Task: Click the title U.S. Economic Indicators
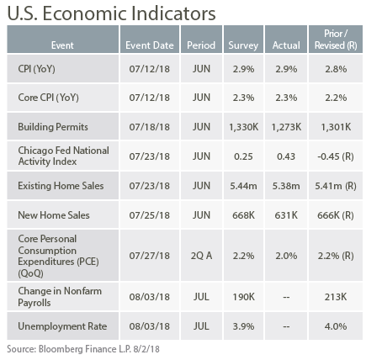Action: click(x=111, y=13)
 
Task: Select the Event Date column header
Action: click(x=150, y=45)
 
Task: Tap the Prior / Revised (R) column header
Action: click(x=336, y=40)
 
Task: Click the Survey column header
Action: click(x=243, y=45)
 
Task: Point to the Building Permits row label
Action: click(x=53, y=127)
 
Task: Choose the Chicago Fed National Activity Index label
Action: click(x=64, y=156)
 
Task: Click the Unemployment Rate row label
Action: click(x=62, y=326)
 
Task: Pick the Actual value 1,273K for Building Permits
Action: click(x=286, y=127)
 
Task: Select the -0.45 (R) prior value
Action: click(x=336, y=156)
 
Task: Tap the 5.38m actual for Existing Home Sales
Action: click(x=286, y=186)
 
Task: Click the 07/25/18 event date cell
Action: click(x=150, y=215)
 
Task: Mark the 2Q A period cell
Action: click(x=201, y=256)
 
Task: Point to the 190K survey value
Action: click(x=243, y=297)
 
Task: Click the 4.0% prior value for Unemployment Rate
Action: click(x=336, y=326)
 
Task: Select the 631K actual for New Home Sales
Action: click(x=286, y=215)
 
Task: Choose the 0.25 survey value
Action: click(x=243, y=156)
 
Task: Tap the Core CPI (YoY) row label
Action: click(x=49, y=98)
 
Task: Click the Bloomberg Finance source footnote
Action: click(x=83, y=349)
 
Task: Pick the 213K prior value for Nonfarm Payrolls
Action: click(x=336, y=297)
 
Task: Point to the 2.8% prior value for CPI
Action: click(x=336, y=69)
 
